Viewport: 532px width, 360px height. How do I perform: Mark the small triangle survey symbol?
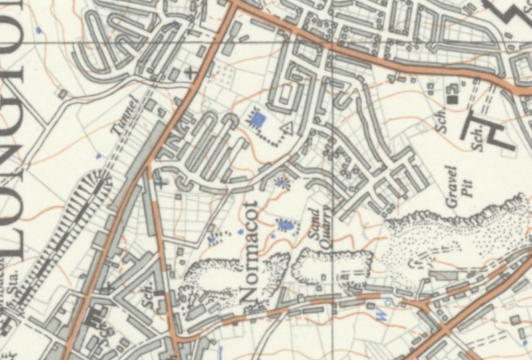click(x=288, y=127)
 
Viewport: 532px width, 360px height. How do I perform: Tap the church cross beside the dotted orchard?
click(x=194, y=71)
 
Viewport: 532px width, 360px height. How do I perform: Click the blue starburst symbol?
click(x=285, y=180)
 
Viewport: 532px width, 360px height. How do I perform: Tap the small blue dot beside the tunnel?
click(x=98, y=156)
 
